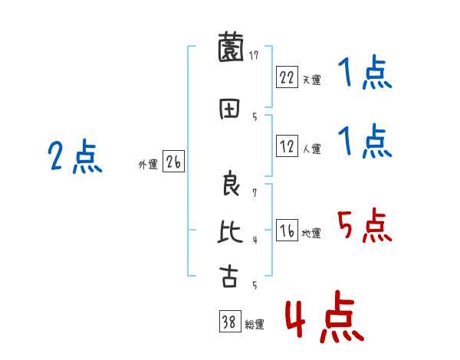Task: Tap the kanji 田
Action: [x=229, y=108]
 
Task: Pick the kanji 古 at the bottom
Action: [x=229, y=276]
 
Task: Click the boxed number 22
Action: [x=287, y=77]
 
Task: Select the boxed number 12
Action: [x=287, y=146]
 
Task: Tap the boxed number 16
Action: [x=287, y=231]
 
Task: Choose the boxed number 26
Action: [x=173, y=162]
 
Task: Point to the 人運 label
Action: [x=310, y=149]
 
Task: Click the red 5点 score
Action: [x=364, y=227]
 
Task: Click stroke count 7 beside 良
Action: [x=254, y=192]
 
